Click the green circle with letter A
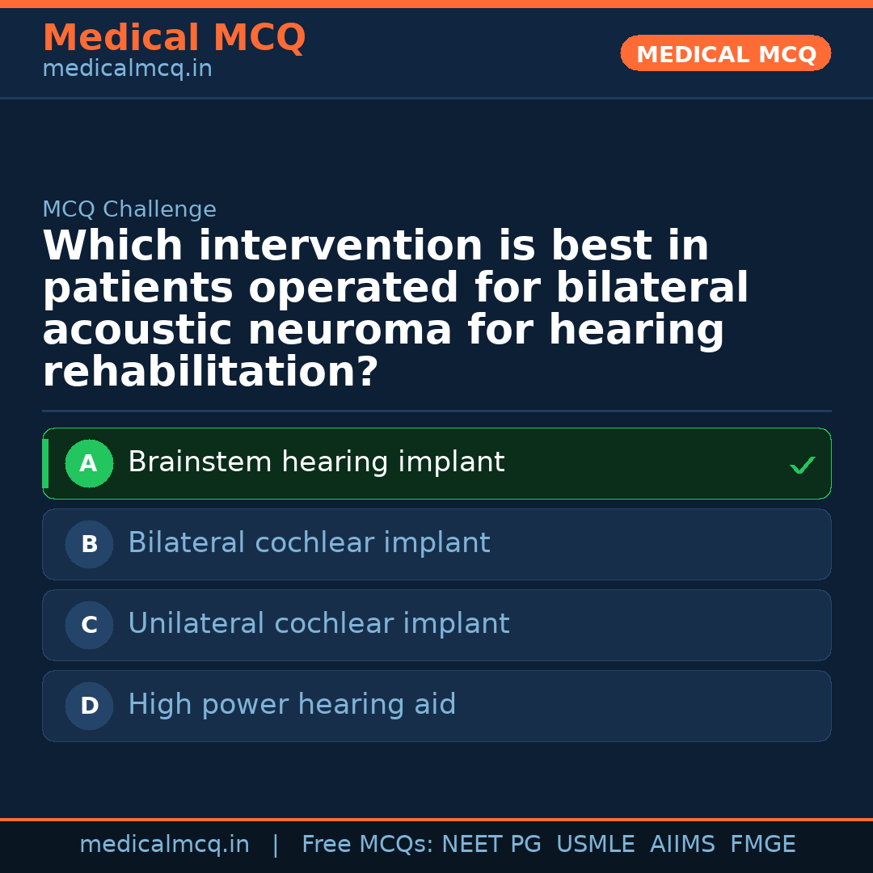(x=89, y=464)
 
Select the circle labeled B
(x=89, y=545)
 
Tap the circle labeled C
(x=89, y=626)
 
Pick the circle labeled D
(x=89, y=706)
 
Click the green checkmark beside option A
(x=802, y=465)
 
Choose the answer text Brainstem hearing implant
(x=316, y=462)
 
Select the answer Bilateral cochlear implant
(x=309, y=543)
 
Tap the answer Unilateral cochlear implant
(x=318, y=624)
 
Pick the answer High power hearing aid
(x=292, y=705)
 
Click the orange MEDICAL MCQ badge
(x=725, y=54)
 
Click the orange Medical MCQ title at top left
(x=174, y=38)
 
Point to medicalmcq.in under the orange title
(x=127, y=69)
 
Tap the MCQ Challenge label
(x=129, y=209)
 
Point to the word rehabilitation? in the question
(x=210, y=373)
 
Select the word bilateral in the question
(x=652, y=289)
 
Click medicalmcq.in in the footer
(x=164, y=845)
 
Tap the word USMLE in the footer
(x=595, y=845)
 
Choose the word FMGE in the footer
(x=762, y=845)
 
